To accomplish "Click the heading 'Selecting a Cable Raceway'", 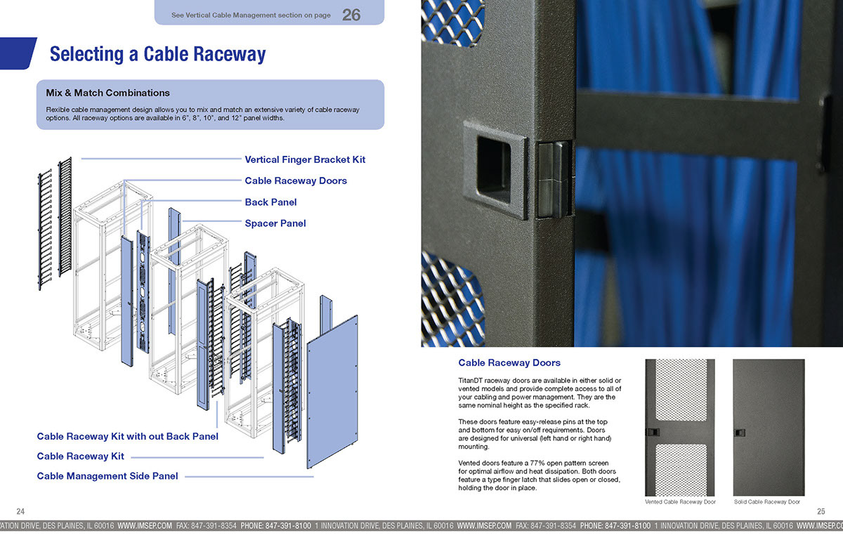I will click(158, 55).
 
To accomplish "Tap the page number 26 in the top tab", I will click(351, 14).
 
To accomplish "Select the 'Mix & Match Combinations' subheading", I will click(107, 93).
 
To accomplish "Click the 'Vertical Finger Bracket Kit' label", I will click(305, 159).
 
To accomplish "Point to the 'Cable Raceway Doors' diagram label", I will click(296, 180).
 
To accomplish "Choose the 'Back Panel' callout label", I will click(270, 202).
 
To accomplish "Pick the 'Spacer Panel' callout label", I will click(275, 223).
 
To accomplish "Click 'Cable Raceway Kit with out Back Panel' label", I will click(127, 436).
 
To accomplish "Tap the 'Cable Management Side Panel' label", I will click(107, 476).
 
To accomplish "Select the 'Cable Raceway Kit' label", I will click(80, 457).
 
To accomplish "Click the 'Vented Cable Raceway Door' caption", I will click(680, 502).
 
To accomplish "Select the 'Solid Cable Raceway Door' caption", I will click(767, 502).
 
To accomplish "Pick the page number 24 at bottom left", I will click(20, 511).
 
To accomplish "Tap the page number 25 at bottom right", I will click(821, 511).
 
